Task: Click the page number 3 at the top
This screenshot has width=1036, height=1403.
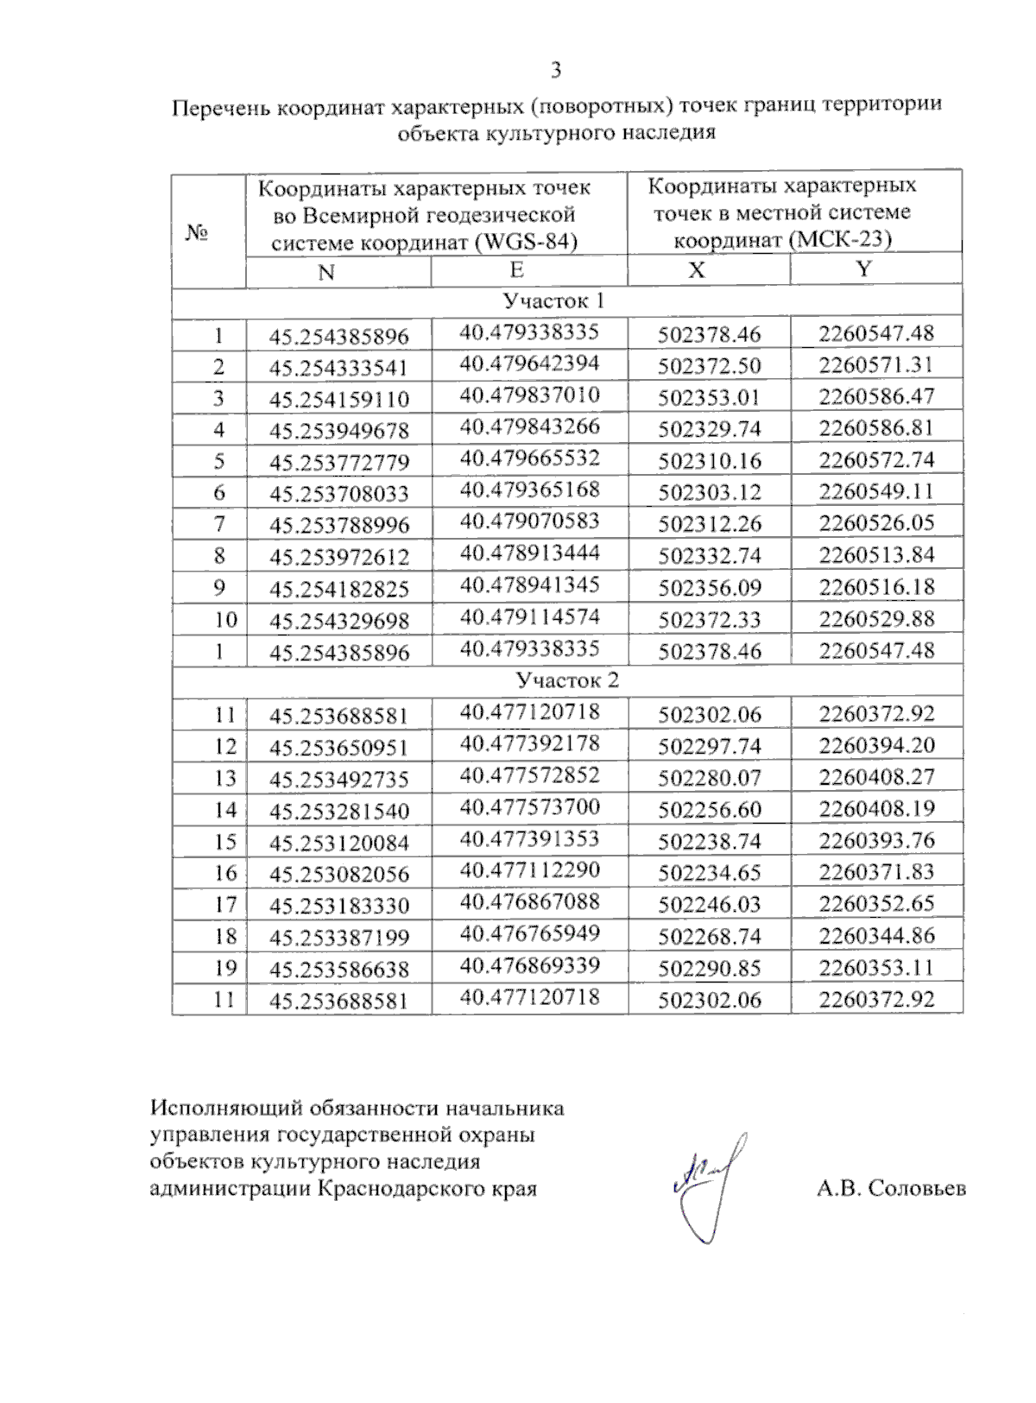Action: [556, 70]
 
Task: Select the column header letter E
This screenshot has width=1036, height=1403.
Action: [516, 269]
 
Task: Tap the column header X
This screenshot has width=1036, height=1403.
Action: [696, 270]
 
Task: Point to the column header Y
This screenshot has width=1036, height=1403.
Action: [863, 269]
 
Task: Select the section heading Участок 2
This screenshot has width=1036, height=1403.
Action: [567, 680]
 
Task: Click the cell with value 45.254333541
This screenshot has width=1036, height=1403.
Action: [338, 368]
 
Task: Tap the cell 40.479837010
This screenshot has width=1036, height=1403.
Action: [529, 395]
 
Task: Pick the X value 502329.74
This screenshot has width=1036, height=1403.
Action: [710, 429]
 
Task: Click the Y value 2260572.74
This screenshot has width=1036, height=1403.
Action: [876, 459]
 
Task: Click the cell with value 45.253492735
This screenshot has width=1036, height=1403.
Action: [338, 779]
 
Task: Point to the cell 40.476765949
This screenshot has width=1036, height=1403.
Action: [529, 933]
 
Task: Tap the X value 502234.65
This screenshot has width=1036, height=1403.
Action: [710, 873]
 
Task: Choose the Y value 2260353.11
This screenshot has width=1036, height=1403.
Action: [876, 967]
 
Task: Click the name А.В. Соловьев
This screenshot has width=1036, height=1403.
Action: [891, 1189]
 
